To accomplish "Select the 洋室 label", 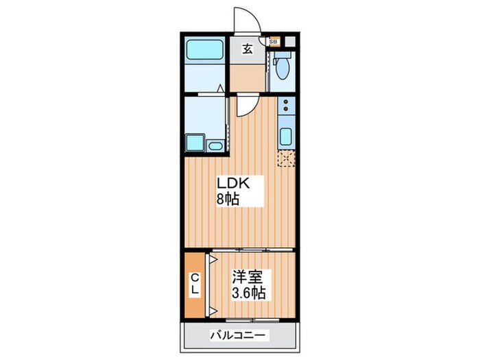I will [248, 278].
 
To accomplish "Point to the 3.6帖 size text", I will [248, 293].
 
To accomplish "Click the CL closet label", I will [195, 284].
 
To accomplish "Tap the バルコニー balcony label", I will [240, 336].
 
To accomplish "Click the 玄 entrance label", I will [248, 49].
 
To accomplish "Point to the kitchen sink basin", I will [286, 136].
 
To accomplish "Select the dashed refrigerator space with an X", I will [285, 158].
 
